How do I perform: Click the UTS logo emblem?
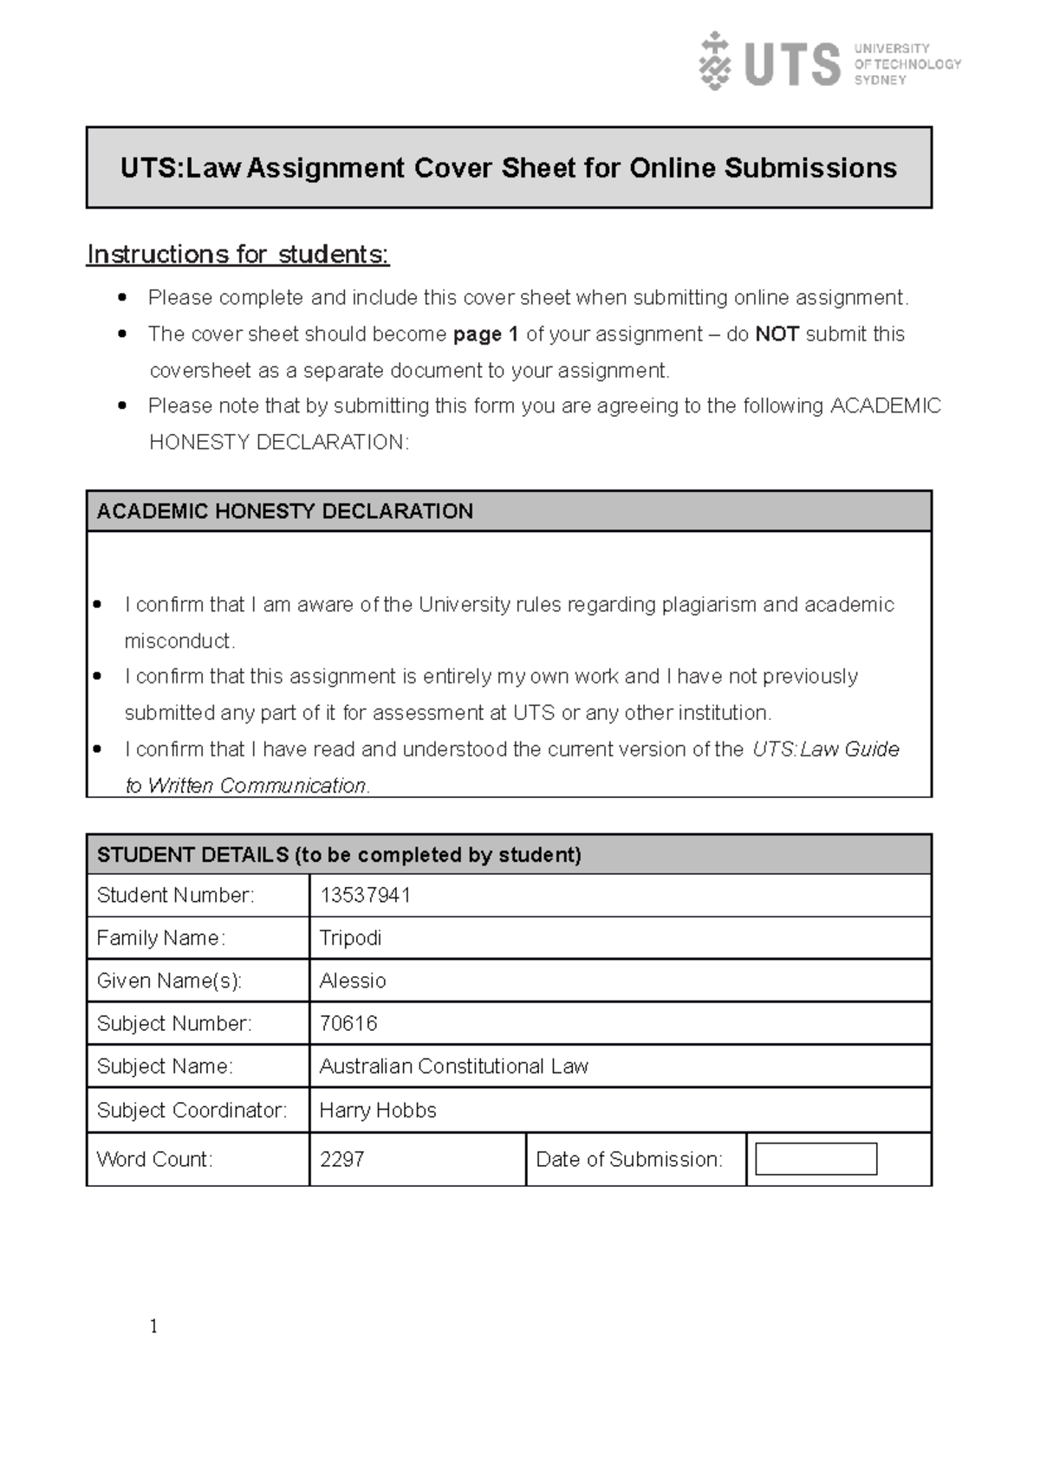click(713, 62)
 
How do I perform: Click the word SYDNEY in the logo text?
click(880, 80)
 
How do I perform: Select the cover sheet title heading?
click(509, 168)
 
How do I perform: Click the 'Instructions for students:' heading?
click(238, 255)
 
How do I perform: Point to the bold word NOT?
click(777, 334)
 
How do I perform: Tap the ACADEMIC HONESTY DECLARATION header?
click(285, 511)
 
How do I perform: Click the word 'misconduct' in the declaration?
click(179, 641)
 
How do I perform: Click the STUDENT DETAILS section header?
click(339, 855)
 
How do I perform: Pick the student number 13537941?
click(365, 895)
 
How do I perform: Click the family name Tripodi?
click(350, 938)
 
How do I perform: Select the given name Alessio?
click(353, 981)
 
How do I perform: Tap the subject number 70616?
click(348, 1023)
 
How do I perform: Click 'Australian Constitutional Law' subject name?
click(453, 1066)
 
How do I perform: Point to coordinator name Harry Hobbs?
click(378, 1111)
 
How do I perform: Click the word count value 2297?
click(341, 1159)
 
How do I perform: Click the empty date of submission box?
click(816, 1159)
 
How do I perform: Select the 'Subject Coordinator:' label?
click(192, 1111)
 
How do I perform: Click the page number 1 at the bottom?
click(153, 1326)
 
